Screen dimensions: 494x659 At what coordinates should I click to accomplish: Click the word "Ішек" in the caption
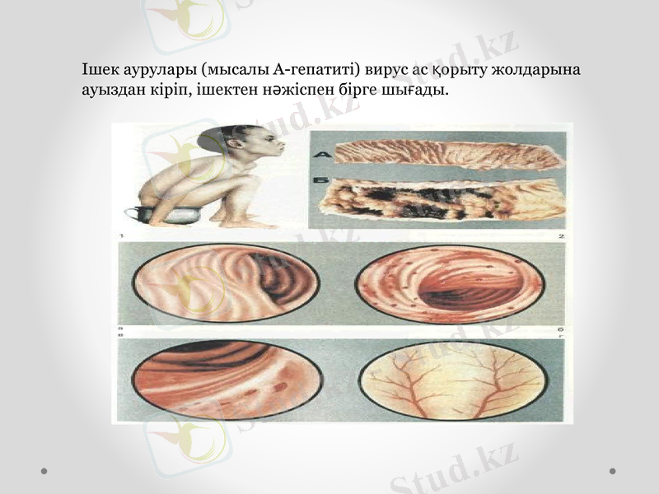tap(98, 69)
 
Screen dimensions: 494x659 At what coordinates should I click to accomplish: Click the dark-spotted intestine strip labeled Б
tap(441, 200)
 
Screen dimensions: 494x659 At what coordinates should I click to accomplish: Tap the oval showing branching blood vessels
tap(452, 380)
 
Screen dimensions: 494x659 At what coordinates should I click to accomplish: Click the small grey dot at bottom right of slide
tap(612, 471)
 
